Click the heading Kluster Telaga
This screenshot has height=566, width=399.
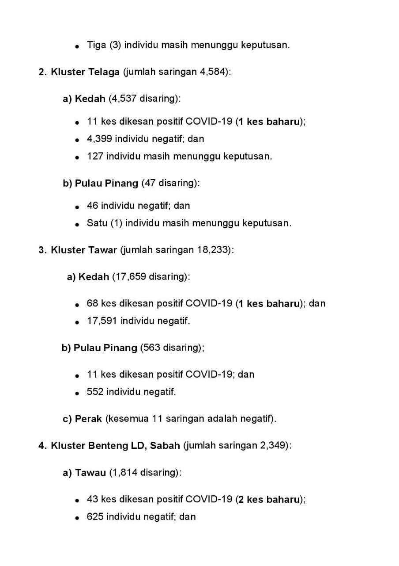point(85,72)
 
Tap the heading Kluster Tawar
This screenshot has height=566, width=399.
point(84,250)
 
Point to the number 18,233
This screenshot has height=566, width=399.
point(212,250)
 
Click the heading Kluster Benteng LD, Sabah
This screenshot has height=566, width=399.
point(115,445)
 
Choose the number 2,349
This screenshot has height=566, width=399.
point(272,445)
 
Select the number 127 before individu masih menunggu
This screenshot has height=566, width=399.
point(94,156)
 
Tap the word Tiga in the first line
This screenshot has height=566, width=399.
point(96,45)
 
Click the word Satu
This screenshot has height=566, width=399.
point(97,223)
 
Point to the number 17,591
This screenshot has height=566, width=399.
point(102,321)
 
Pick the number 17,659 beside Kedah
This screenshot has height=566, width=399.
point(129,277)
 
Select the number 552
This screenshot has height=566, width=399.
point(95,392)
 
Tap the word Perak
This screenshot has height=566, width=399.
point(88,419)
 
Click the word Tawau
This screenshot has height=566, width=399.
point(90,473)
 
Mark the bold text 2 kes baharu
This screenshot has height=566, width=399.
point(269,500)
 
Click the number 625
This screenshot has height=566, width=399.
point(95,516)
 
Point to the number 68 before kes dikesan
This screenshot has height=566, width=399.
point(92,303)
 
